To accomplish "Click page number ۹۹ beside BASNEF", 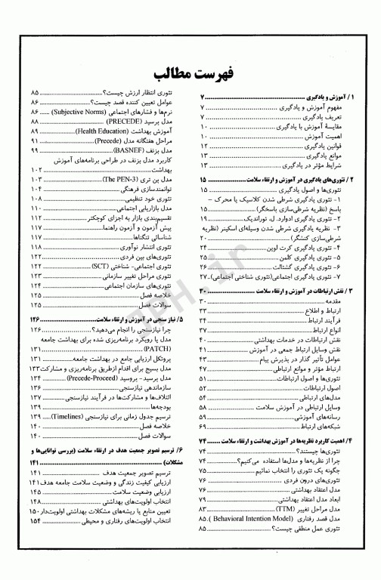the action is click(x=36, y=151).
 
